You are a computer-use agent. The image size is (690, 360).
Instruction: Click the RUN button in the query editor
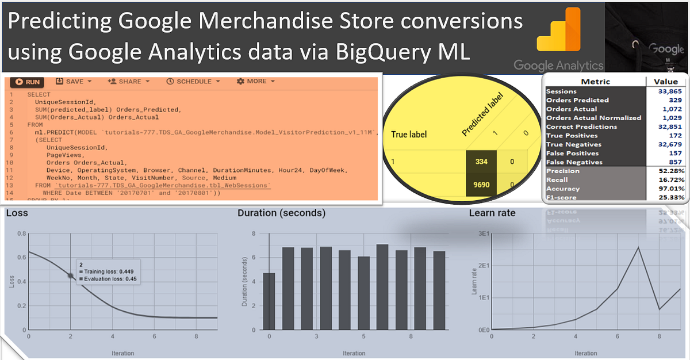(28, 82)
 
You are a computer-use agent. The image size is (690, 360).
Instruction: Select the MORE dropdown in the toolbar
(256, 82)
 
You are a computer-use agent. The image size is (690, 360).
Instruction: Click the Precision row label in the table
(563, 171)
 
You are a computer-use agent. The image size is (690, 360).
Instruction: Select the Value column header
(666, 82)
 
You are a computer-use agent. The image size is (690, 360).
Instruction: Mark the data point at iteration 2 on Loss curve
(71, 275)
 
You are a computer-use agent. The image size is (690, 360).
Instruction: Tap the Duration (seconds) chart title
(282, 213)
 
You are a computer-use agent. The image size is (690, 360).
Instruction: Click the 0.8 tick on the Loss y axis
(22, 233)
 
